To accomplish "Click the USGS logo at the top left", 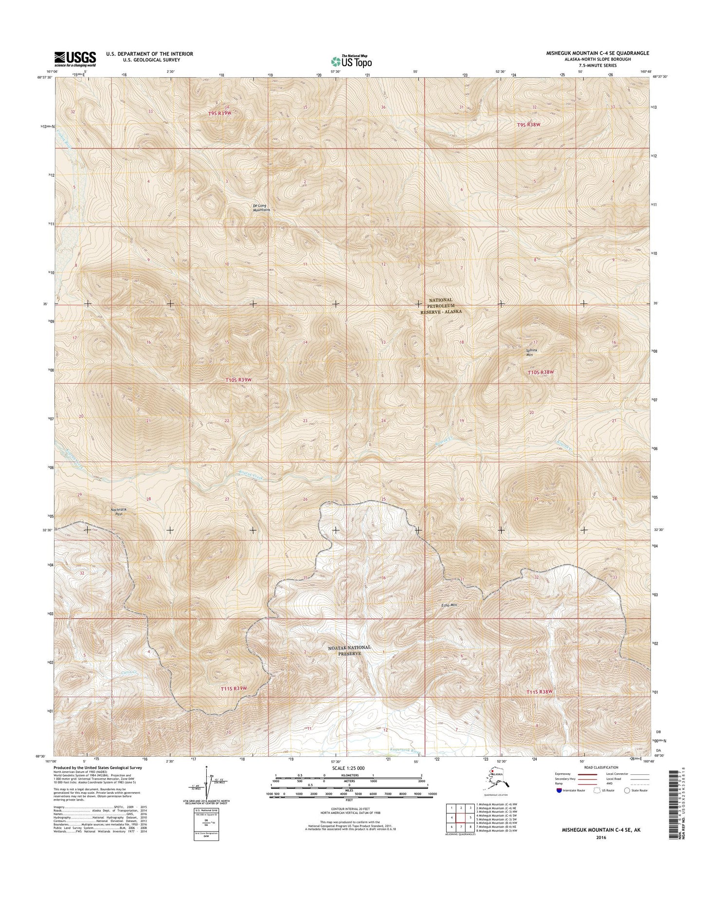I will [x=75, y=58].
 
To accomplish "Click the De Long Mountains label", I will [x=261, y=208].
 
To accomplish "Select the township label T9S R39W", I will [x=217, y=113].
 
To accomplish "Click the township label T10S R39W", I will [x=239, y=379].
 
